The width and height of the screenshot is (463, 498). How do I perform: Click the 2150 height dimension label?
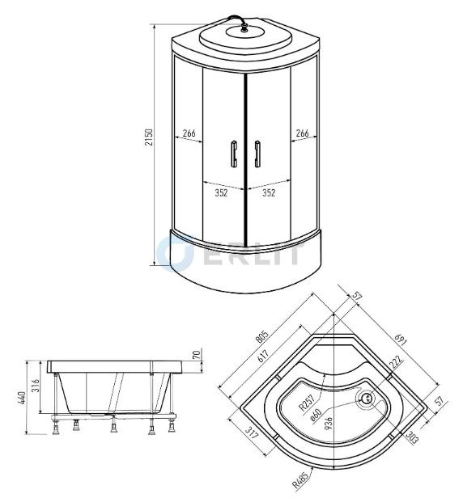(x=149, y=137)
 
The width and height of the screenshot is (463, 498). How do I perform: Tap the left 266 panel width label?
(x=189, y=133)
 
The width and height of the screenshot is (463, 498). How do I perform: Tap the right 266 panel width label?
(x=302, y=133)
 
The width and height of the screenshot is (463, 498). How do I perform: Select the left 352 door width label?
(x=221, y=192)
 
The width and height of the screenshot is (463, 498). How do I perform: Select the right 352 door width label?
(x=269, y=192)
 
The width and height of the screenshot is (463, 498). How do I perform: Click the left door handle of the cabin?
(x=234, y=154)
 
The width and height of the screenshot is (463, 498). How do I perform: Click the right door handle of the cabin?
(x=257, y=154)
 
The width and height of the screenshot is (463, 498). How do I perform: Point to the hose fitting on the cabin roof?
(x=244, y=27)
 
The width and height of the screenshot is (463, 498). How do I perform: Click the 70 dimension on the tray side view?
(x=197, y=354)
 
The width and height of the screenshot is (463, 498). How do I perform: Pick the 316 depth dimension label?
(x=36, y=386)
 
